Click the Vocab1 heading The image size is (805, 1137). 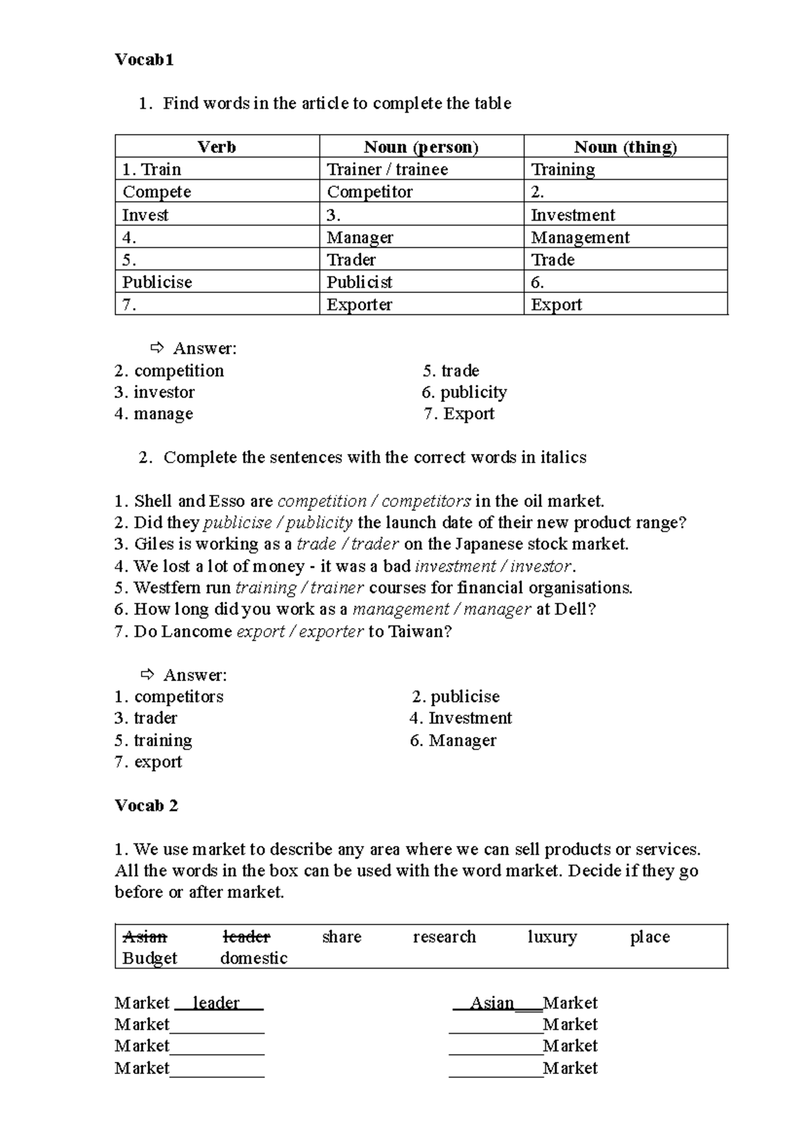tap(144, 60)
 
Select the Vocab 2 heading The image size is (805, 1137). tap(146, 806)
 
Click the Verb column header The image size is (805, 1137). tap(217, 147)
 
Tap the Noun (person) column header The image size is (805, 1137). tap(421, 147)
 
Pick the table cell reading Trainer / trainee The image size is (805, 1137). tap(387, 170)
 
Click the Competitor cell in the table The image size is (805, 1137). tap(370, 192)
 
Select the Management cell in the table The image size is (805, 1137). tap(580, 237)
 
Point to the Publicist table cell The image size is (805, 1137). tap(359, 282)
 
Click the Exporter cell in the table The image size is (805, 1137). tap(359, 305)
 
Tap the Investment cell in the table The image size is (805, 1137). tap(572, 215)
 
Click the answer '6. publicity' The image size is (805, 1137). tap(464, 392)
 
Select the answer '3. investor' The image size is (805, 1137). tap(155, 392)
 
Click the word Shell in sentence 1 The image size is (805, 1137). tap(154, 501)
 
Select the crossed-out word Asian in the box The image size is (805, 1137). tap(145, 937)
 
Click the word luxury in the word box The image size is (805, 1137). tap(552, 937)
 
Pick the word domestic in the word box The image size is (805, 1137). tap(254, 959)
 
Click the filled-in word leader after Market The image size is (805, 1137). tap(216, 1003)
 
